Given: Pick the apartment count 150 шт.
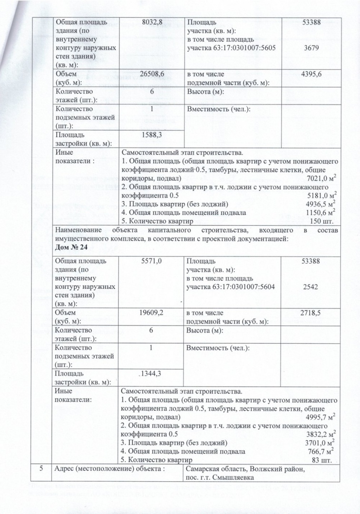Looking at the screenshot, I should point(323,221).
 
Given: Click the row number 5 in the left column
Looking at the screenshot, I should point(41,468).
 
